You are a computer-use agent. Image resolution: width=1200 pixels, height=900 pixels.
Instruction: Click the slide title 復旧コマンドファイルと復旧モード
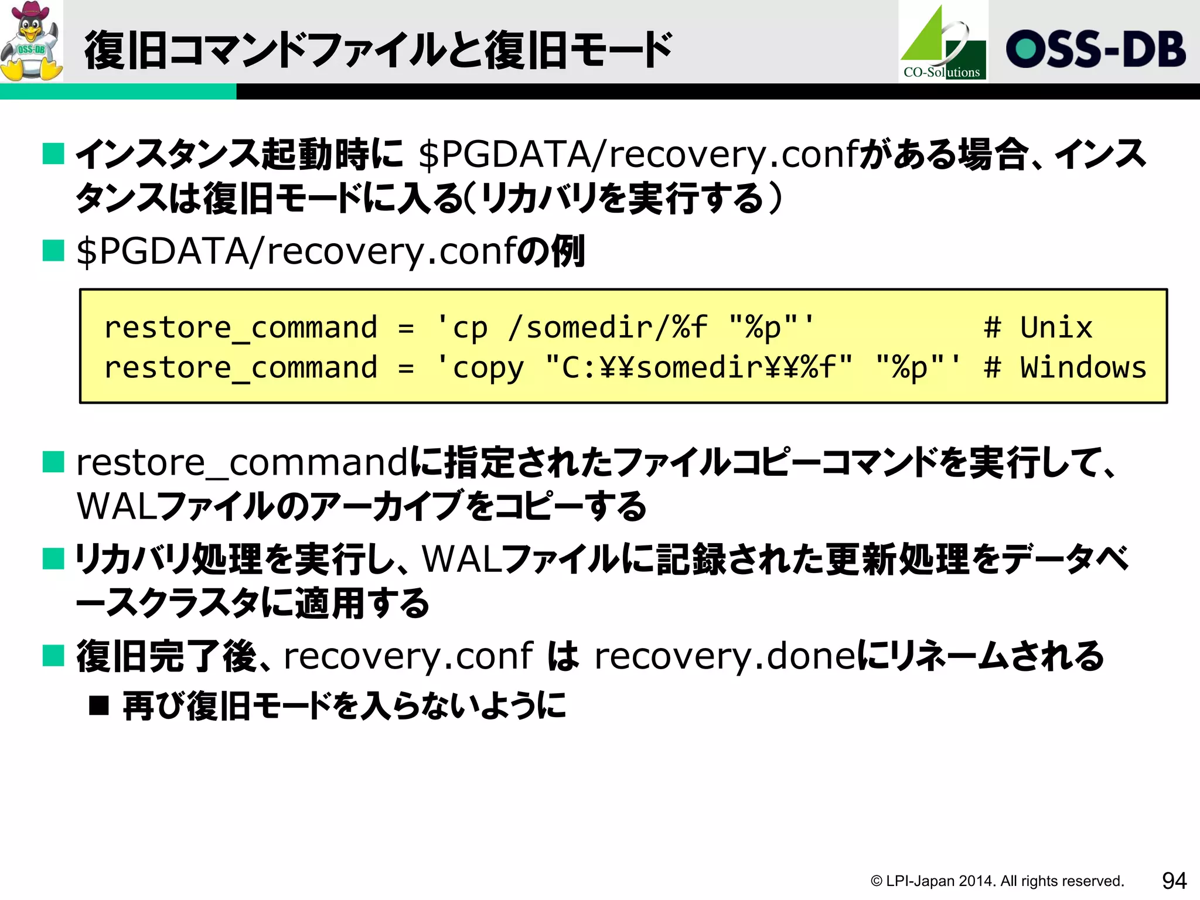coord(378,50)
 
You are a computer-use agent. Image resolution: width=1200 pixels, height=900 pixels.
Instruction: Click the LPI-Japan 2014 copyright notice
coord(997,881)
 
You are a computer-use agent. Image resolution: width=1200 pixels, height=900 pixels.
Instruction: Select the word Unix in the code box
coord(1056,327)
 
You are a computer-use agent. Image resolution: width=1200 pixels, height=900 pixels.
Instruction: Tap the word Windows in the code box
coord(1083,367)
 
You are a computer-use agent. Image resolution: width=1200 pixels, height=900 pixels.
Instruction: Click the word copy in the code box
coord(488,369)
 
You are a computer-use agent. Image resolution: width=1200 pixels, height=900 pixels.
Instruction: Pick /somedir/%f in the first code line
coord(608,327)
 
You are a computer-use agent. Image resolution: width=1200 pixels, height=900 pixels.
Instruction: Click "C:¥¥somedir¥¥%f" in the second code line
coord(698,368)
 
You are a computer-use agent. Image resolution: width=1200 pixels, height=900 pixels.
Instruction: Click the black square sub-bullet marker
coord(99,705)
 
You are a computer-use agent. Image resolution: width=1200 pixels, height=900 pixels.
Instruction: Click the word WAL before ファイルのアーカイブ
coord(116,506)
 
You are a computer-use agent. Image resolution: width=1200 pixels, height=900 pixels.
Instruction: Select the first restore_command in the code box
coord(241,328)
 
